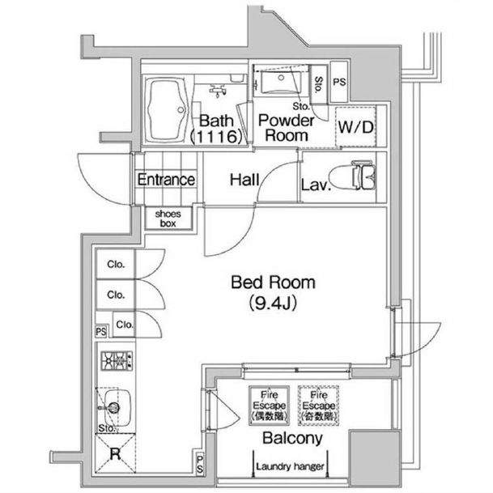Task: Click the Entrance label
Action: (165, 180)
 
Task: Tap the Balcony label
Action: (292, 439)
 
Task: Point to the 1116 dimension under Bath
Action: (215, 138)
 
